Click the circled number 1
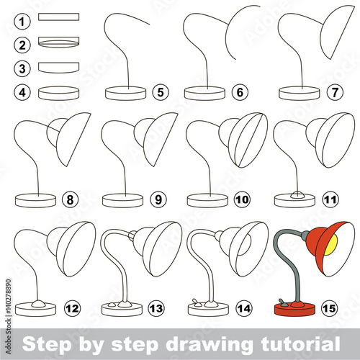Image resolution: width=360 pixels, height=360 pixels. tap(22, 22)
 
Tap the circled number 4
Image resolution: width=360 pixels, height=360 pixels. tap(22, 92)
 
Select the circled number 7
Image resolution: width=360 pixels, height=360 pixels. tap(335, 92)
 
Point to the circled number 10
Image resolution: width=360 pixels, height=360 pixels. tap(242, 199)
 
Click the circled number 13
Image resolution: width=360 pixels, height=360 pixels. tap(156, 308)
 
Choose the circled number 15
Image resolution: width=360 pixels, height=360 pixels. tap(329, 308)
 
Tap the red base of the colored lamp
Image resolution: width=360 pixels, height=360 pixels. tap(294, 309)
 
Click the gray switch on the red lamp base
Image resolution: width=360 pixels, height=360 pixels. tap(282, 303)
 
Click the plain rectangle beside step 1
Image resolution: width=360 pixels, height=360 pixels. tap(59, 17)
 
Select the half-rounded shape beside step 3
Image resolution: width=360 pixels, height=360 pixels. tap(59, 68)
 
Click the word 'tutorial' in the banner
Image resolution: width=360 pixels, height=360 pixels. tap(300, 343)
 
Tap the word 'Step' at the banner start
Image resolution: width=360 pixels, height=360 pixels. tap(46, 345)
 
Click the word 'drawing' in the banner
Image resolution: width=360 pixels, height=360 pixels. tap(208, 345)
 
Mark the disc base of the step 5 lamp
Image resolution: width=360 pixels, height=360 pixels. tap(126, 93)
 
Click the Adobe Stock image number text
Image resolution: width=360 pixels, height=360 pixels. tap(9, 316)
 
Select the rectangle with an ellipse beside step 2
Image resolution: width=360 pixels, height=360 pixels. tap(59, 42)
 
